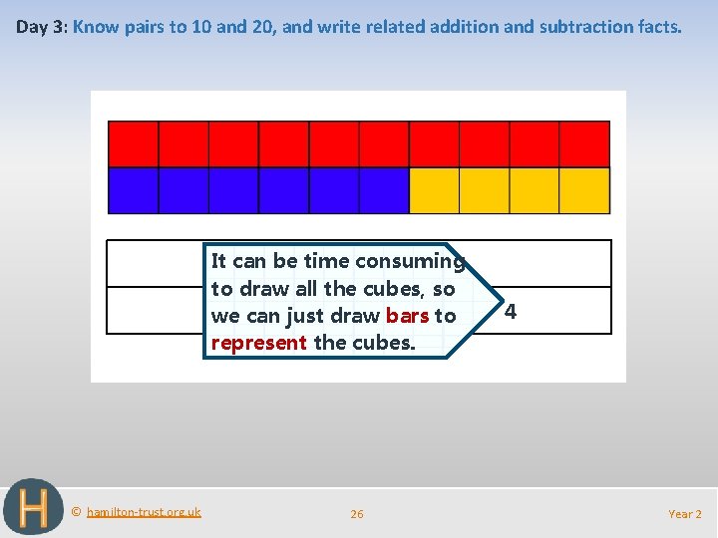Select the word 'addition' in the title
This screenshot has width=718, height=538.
pos(464,27)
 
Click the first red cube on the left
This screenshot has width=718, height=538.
pos(134,143)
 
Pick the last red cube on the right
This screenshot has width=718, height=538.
pos(584,143)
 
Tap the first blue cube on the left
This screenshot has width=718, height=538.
pos(134,190)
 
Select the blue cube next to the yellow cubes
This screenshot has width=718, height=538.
pos(384,190)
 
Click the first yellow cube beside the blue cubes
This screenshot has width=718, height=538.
pos(435,190)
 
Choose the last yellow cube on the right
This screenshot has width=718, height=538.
pos(584,190)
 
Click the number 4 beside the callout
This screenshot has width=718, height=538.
pos(510,312)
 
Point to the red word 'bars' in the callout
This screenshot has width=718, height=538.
pos(407,316)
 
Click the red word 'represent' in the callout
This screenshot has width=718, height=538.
pos(259,343)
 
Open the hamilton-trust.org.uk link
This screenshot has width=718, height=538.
pos(144,512)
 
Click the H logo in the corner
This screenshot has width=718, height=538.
pos(33,507)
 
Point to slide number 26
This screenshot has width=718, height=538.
pos(357,514)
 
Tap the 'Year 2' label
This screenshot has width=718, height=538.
pos(684,514)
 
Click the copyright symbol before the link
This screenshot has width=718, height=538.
pos(77,512)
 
